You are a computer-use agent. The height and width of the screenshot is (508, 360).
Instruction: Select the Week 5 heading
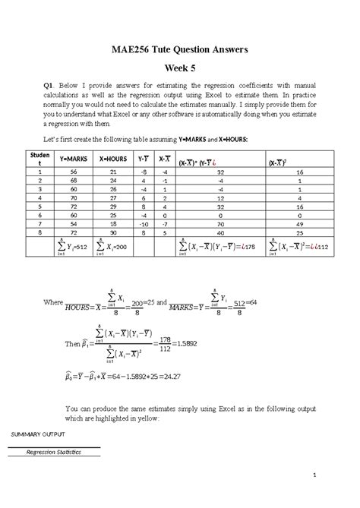click(180, 67)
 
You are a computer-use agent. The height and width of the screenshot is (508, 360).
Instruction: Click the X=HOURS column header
click(112, 160)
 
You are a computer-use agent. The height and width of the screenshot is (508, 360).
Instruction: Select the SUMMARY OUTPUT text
click(37, 434)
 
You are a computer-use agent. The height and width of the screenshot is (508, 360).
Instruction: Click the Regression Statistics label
click(53, 453)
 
